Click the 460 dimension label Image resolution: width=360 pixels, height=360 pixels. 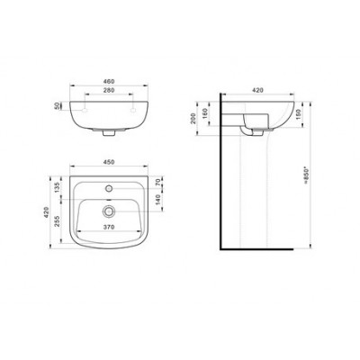pyautogui.click(x=109, y=81)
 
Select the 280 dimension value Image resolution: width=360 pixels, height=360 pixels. pyautogui.click(x=109, y=90)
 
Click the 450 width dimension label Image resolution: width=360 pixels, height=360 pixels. pyautogui.click(x=109, y=162)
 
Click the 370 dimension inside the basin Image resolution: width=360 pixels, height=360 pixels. pyautogui.click(x=109, y=228)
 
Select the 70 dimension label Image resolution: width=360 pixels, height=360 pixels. pyautogui.click(x=159, y=182)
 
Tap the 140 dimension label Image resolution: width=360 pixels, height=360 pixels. pyautogui.click(x=159, y=200)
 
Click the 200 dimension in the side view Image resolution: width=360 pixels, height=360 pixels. pyautogui.click(x=193, y=119)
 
